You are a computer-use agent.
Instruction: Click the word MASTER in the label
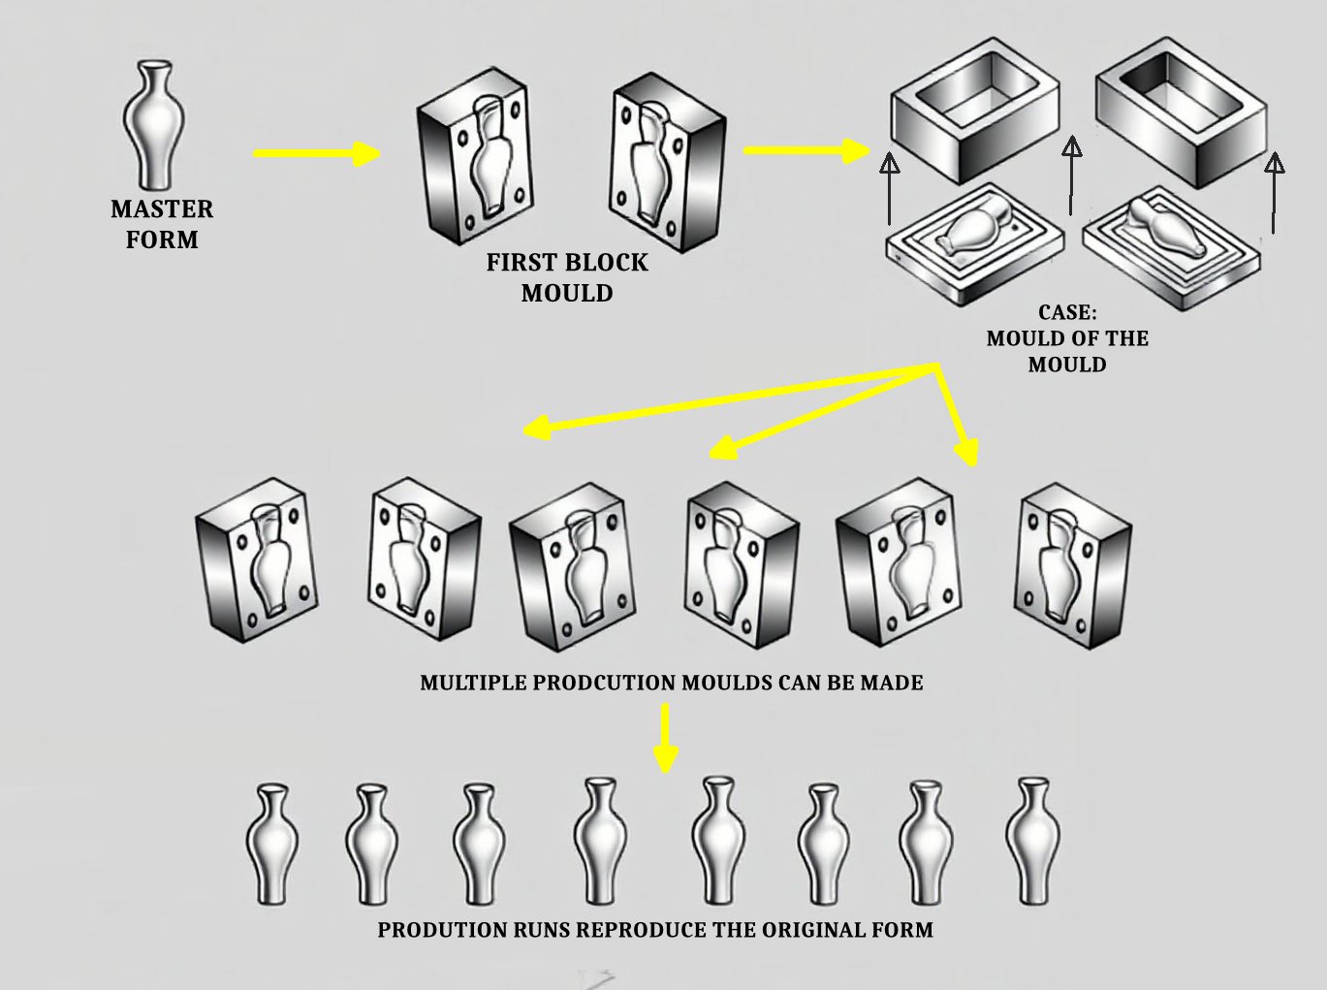click(162, 209)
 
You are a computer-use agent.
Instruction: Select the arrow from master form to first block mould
click(316, 153)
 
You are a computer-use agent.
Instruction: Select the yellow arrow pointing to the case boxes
click(806, 150)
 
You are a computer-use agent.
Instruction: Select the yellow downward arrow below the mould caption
click(664, 737)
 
